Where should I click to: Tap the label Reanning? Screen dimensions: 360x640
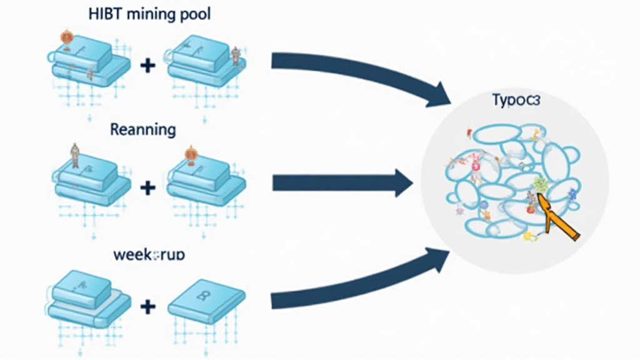[142, 130]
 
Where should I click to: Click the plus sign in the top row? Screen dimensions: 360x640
[148, 64]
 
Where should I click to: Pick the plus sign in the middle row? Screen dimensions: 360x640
[148, 186]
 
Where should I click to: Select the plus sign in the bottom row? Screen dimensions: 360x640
[148, 306]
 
